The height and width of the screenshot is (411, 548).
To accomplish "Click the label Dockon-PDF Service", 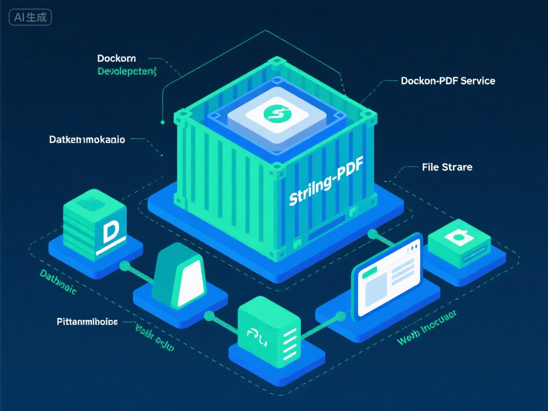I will pyautogui.click(x=448, y=81).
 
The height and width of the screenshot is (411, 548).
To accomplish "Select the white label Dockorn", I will pyautogui.click(x=116, y=58).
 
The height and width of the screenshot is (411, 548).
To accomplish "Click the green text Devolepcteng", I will pyautogui.click(x=127, y=71).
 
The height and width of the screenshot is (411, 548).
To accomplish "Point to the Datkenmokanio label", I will pyautogui.click(x=87, y=140).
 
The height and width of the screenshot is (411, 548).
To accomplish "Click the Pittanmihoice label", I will pyautogui.click(x=87, y=322).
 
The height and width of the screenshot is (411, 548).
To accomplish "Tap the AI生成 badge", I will pyautogui.click(x=31, y=17).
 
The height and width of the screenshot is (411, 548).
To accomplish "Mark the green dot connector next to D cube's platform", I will pyautogui.click(x=125, y=265).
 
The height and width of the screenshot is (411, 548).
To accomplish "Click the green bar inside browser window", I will pyautogui.click(x=369, y=273).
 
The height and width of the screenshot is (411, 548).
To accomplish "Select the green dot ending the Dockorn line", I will pyautogui.click(x=162, y=122).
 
